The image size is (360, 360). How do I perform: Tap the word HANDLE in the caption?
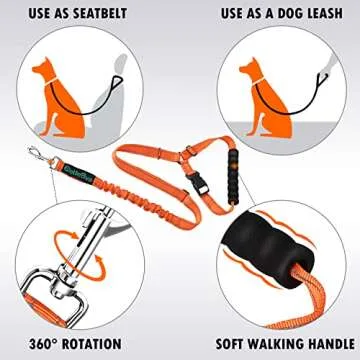tap(318, 341)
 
